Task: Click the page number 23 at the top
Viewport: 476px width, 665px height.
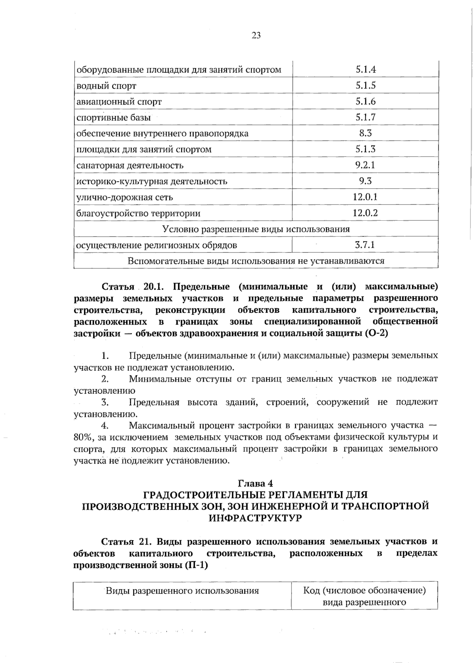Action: [x=256, y=36]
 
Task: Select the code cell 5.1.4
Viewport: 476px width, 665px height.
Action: [x=365, y=70]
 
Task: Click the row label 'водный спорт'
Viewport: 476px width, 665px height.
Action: [x=106, y=86]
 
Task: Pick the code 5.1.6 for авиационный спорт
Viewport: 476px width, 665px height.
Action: [x=365, y=101]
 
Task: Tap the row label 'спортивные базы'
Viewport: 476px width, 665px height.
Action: [x=113, y=118]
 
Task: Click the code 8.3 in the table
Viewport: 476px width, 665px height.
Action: [x=365, y=133]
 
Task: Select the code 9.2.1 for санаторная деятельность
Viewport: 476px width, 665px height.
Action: [x=365, y=165]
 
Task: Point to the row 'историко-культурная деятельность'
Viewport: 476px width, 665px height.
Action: [x=152, y=182]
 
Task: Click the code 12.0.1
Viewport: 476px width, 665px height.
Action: [x=365, y=197]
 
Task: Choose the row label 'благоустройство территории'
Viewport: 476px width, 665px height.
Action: [x=138, y=213]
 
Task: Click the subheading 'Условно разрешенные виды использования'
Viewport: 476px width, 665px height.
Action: [x=256, y=229]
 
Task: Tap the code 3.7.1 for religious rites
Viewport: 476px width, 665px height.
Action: [x=365, y=245]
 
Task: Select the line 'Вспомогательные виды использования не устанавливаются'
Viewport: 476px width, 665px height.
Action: [x=256, y=261]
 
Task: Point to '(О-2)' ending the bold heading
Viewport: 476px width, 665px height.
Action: [x=375, y=333]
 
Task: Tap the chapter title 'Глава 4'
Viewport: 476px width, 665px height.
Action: [x=255, y=483]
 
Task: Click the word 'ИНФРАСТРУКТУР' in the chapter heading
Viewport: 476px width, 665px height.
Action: [x=255, y=518]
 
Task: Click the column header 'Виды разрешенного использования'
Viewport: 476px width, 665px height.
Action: [x=182, y=591]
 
